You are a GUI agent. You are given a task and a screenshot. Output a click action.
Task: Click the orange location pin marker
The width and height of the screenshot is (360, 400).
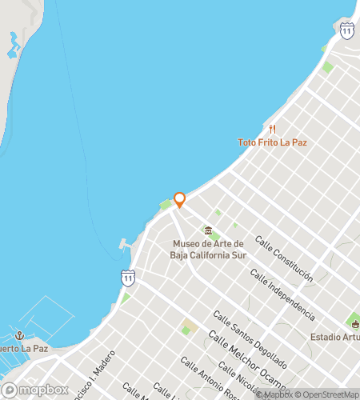pyautogui.click(x=180, y=200)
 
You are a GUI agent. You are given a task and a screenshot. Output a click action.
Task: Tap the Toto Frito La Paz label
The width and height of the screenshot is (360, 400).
pyautogui.click(x=272, y=142)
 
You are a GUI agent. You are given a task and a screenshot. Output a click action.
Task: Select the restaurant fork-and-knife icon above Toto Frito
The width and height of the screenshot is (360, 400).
pyautogui.click(x=272, y=130)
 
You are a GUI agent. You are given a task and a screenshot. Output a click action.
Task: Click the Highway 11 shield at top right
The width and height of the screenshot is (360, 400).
pyautogui.click(x=346, y=30)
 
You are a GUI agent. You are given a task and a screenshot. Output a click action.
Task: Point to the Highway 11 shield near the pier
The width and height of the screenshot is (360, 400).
pyautogui.click(x=128, y=278)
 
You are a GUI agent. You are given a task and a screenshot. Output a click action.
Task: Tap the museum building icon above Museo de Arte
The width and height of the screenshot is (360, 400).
pyautogui.click(x=208, y=230)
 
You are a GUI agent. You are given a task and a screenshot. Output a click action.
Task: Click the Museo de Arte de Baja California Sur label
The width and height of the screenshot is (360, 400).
pyautogui.click(x=208, y=249)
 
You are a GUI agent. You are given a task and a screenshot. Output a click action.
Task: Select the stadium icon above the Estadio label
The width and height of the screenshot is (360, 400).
pyautogui.click(x=354, y=322)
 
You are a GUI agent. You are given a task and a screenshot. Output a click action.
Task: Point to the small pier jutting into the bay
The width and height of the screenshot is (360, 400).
pyautogui.click(x=125, y=244)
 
